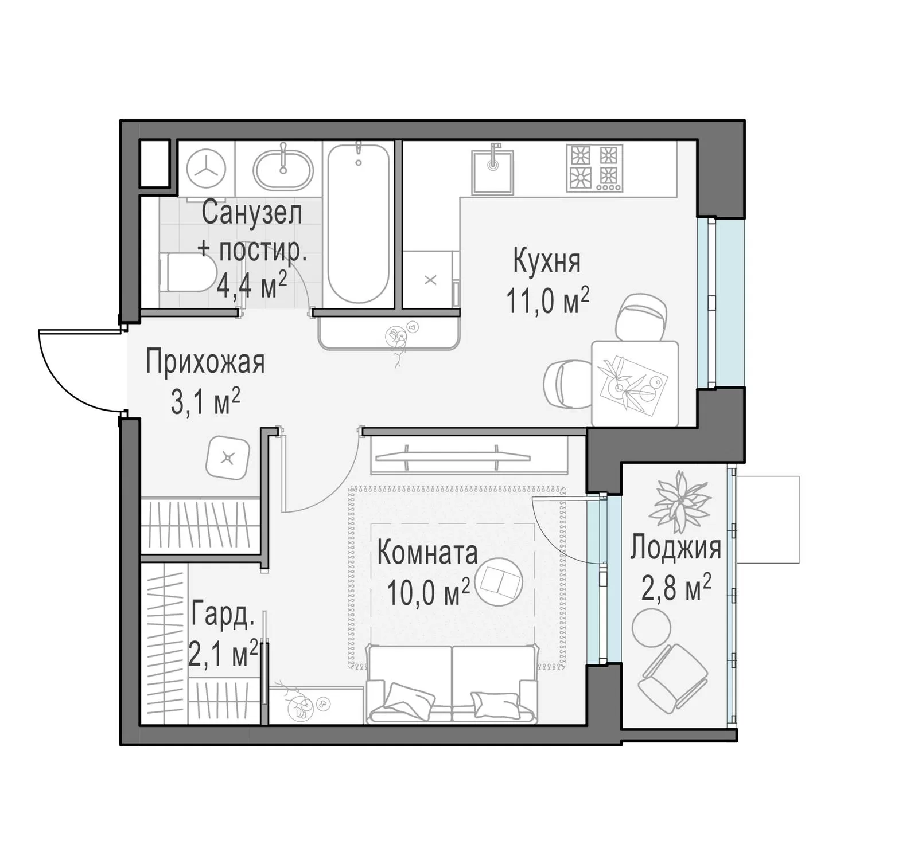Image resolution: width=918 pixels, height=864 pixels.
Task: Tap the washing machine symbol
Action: [206, 169]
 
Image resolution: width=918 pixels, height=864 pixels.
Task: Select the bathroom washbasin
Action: [283, 169]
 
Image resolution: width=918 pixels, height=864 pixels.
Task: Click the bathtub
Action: [358, 224]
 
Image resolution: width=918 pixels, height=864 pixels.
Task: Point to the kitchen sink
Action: [493, 171]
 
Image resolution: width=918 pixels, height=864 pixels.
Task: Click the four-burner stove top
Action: [594, 167]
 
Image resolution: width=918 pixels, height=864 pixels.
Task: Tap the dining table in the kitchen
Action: [635, 383]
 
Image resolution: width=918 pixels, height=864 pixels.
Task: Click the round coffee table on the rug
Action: [500, 582]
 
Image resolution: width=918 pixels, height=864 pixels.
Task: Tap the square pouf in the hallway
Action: [228, 458]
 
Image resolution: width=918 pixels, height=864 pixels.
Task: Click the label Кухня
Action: [546, 261]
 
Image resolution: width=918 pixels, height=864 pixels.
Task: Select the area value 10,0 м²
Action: [429, 592]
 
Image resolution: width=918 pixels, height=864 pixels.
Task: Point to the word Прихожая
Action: [205, 362]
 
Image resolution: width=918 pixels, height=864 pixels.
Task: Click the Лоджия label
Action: [675, 548]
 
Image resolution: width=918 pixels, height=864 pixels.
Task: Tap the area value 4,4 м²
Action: [252, 284]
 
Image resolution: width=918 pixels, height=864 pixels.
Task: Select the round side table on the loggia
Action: [651, 628]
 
